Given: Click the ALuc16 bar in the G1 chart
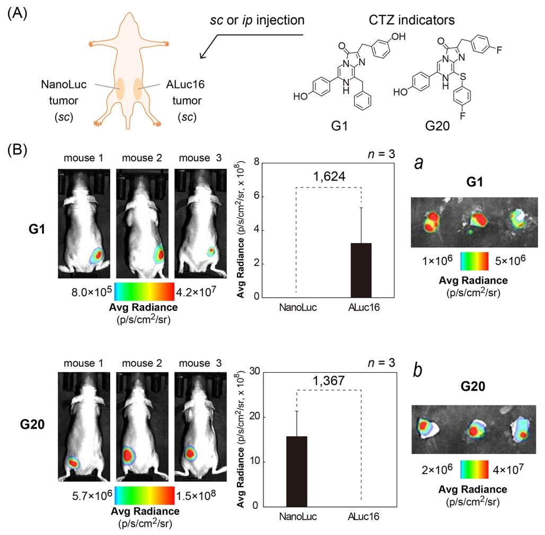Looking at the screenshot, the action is click(x=361, y=270).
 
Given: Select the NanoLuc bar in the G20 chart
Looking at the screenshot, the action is click(x=296, y=471).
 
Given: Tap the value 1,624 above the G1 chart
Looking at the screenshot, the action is click(x=329, y=177).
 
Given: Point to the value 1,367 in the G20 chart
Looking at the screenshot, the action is click(x=329, y=381).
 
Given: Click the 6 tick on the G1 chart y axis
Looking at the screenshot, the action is click(x=257, y=196).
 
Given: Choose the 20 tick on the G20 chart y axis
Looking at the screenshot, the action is click(x=254, y=417).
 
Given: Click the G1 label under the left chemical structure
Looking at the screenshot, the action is click(x=339, y=126).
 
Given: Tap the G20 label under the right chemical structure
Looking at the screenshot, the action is click(x=437, y=126).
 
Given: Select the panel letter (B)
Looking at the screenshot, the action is click(x=17, y=150).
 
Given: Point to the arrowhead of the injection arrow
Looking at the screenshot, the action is click(x=202, y=56).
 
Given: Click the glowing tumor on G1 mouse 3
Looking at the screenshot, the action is click(x=210, y=251).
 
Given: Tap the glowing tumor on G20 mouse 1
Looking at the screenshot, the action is click(x=73, y=463).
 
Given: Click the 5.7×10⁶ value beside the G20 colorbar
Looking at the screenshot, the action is click(x=92, y=495).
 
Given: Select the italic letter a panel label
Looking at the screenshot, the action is click(x=419, y=162).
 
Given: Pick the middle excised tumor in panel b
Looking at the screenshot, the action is click(x=474, y=429).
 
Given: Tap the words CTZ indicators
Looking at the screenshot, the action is click(x=411, y=20).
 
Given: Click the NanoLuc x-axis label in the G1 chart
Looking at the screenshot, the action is click(x=298, y=307).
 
